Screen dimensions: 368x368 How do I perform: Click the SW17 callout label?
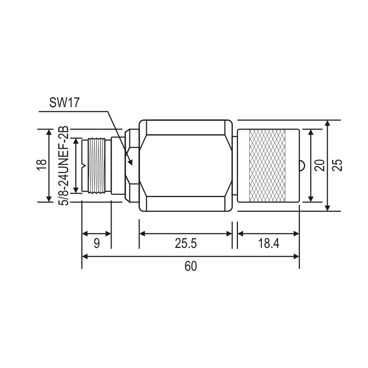coord(64,102)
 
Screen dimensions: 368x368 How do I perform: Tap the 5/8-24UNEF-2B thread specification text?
coord(63,166)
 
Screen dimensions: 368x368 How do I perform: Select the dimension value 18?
coord(42,166)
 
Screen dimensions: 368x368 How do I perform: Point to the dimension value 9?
coord(97,243)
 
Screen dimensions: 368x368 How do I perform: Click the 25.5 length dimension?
coord(186,243)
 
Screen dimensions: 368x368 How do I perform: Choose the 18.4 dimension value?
coord(269,243)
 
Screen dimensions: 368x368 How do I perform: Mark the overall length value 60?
coord(190,266)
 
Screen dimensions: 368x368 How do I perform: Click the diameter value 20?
coord(320,165)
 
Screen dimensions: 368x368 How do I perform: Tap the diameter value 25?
coord(337,165)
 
